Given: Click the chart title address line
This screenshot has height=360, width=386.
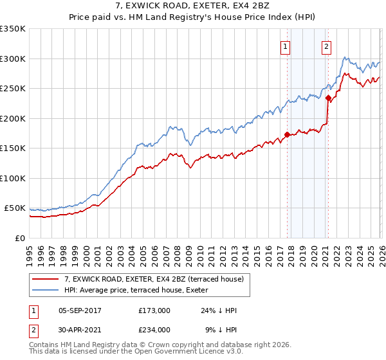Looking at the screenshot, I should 192,7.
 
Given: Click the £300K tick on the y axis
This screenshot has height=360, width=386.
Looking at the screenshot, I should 13,59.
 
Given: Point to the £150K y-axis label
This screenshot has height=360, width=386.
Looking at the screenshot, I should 13,148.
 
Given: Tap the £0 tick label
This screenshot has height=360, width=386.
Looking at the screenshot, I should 20,238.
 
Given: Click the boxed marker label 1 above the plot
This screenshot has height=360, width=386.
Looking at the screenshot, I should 284,46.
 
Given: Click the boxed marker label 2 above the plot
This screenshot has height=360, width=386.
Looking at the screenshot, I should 327,46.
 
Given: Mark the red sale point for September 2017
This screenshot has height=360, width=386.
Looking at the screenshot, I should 287,135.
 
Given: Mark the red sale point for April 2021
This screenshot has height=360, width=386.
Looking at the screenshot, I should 328,98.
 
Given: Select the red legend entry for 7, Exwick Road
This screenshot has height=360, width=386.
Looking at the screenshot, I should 153,279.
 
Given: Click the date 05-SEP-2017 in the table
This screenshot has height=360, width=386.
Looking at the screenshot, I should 80,310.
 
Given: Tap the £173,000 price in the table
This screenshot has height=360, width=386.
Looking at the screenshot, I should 154,310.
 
